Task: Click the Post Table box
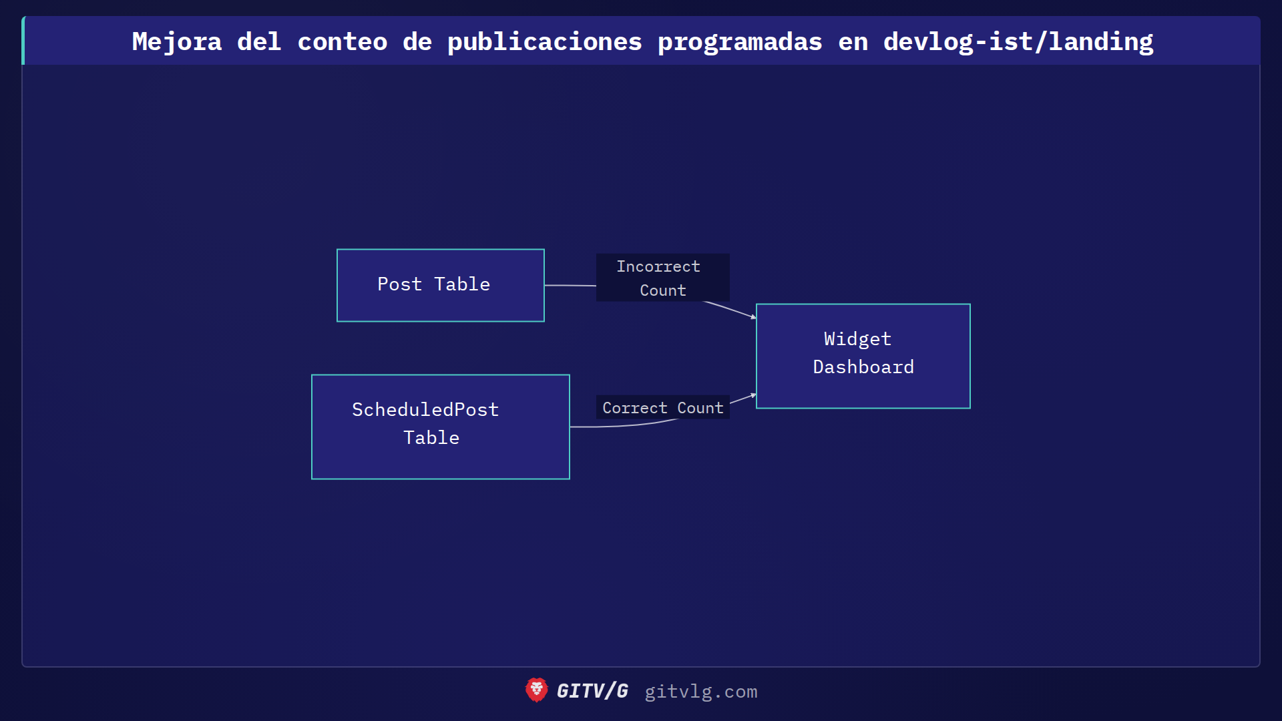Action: pyautogui.click(x=441, y=285)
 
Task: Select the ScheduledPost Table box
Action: pyautogui.click(x=441, y=427)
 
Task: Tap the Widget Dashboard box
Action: pyautogui.click(x=863, y=356)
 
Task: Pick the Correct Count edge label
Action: pyautogui.click(x=662, y=407)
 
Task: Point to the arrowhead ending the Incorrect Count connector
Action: pyautogui.click(x=753, y=317)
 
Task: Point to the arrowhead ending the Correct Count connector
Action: pyautogui.click(x=753, y=395)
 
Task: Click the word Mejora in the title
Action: pyautogui.click(x=177, y=41)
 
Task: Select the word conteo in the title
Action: pyautogui.click(x=342, y=41)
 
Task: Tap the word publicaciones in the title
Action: pyautogui.click(x=544, y=41)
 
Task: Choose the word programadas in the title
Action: pyautogui.click(x=740, y=41)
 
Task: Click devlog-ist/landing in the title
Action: pyautogui.click(x=1018, y=41)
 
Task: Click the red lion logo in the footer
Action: pyautogui.click(x=536, y=690)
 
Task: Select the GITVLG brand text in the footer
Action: pyautogui.click(x=592, y=691)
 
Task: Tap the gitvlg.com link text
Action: pyautogui.click(x=700, y=692)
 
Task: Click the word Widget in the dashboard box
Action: pyautogui.click(x=857, y=339)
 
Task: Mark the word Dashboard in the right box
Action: pyautogui.click(x=863, y=367)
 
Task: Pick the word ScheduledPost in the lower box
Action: pyautogui.click(x=425, y=410)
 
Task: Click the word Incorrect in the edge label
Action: pyautogui.click(x=658, y=266)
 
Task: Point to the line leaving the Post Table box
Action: pyautogui.click(x=570, y=285)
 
